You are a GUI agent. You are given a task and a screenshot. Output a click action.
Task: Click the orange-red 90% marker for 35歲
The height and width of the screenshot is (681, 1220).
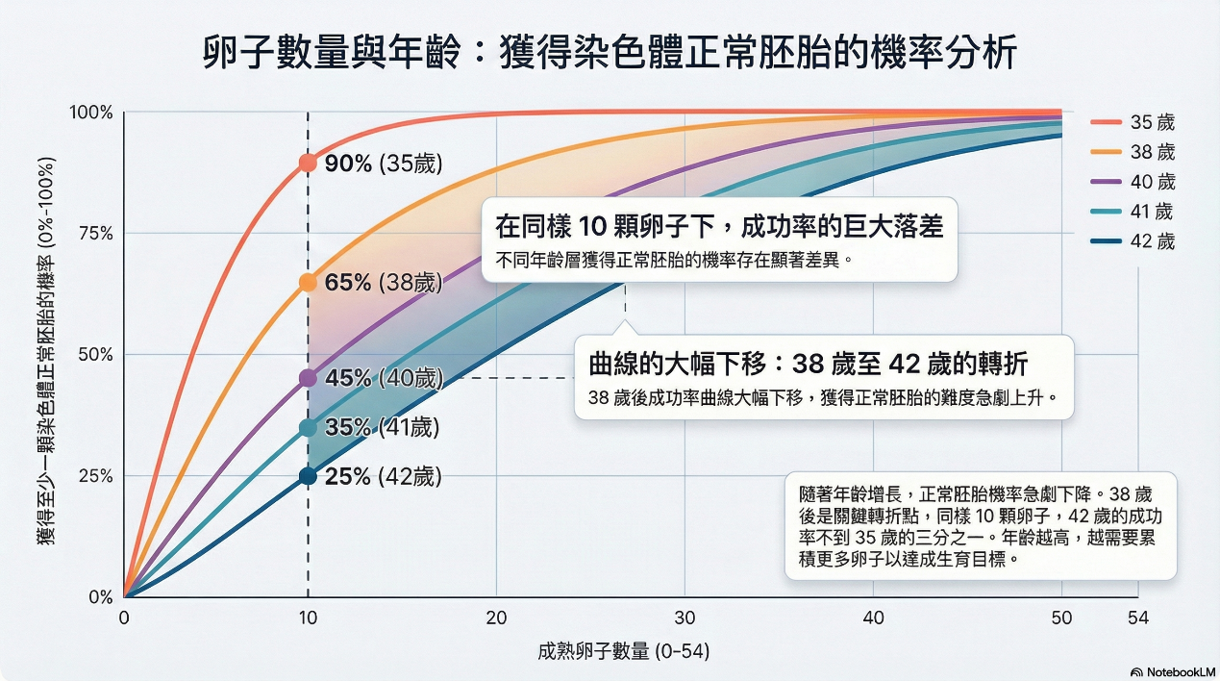click(x=308, y=164)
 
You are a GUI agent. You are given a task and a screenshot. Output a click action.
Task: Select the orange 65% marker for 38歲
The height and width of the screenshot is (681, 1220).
click(x=308, y=283)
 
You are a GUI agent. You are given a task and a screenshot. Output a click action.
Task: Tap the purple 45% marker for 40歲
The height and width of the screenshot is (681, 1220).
click(x=308, y=378)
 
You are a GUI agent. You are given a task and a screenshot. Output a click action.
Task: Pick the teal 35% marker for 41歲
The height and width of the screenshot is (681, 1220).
click(x=308, y=427)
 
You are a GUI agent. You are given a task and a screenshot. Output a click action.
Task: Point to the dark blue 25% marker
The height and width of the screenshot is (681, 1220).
click(x=308, y=476)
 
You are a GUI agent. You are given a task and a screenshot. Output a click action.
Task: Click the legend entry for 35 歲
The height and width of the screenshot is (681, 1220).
click(x=1133, y=123)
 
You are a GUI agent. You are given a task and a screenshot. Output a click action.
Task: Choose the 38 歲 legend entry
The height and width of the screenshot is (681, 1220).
click(x=1133, y=152)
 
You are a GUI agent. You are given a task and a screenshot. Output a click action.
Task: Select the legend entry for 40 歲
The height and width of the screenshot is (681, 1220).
click(x=1133, y=182)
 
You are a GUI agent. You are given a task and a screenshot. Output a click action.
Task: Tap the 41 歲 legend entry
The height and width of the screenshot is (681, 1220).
click(x=1133, y=212)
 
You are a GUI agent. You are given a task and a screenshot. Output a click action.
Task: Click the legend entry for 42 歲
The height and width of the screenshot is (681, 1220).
click(x=1133, y=241)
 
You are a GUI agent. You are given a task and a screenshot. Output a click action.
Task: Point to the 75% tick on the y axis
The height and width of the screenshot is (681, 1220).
click(x=93, y=234)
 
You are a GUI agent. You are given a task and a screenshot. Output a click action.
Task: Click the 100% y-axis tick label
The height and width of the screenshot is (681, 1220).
click(x=90, y=113)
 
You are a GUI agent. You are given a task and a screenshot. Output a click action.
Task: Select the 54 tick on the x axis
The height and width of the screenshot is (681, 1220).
click(x=1138, y=618)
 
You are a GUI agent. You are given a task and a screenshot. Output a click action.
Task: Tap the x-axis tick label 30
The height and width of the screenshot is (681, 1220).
click(x=684, y=618)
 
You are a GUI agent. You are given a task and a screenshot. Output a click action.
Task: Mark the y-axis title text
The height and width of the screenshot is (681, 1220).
click(x=45, y=351)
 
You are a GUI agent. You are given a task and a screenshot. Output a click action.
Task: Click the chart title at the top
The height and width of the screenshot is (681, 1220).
click(x=610, y=52)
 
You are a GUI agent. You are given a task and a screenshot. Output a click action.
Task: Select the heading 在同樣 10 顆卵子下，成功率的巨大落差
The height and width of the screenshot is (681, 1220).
click(x=718, y=227)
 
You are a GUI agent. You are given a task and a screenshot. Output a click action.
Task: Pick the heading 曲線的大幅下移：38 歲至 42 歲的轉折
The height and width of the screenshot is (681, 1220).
click(x=808, y=365)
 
